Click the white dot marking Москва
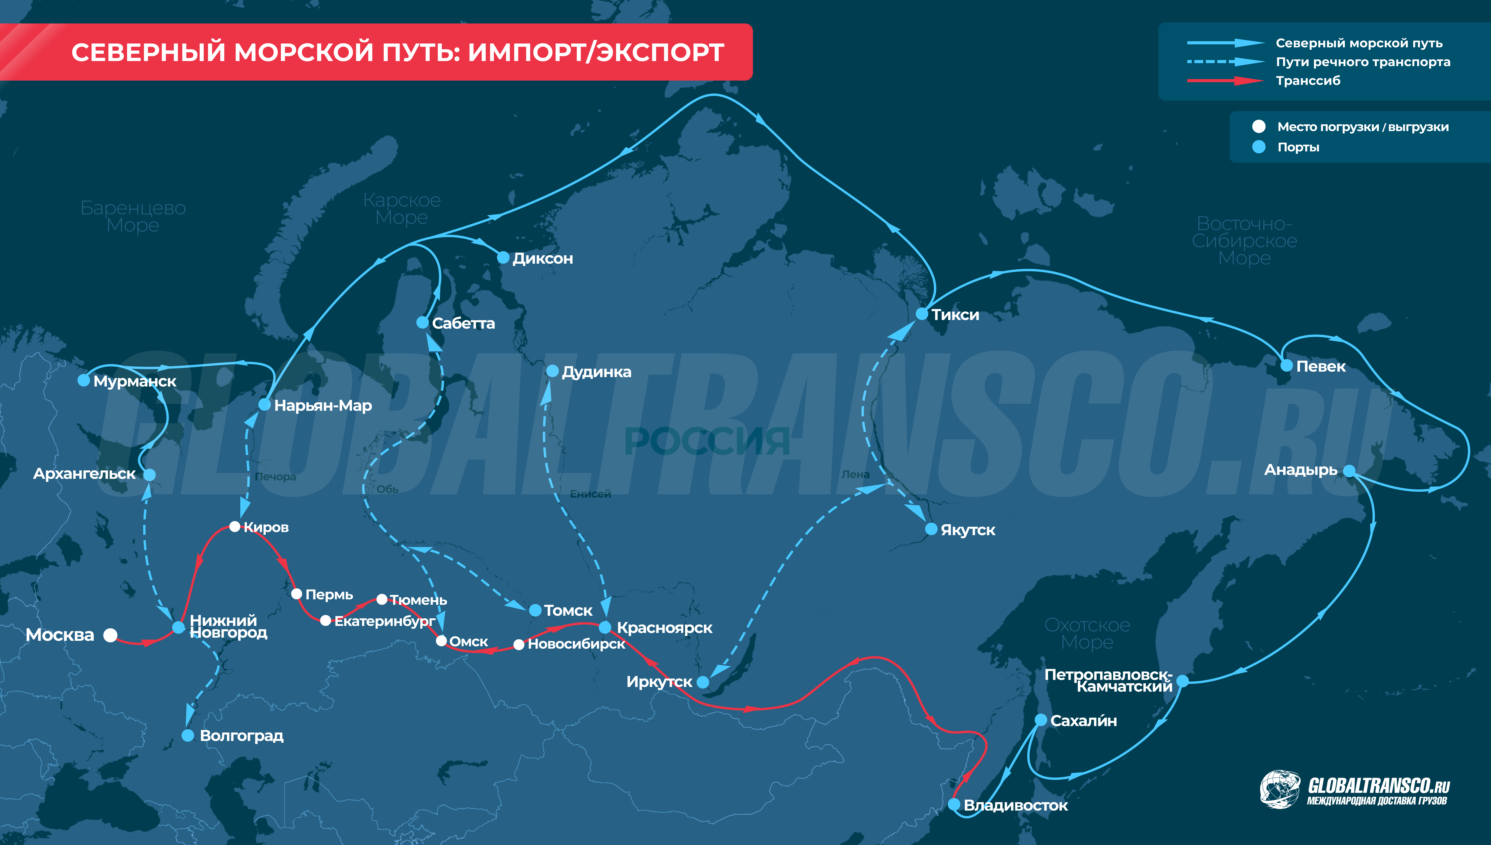(x=110, y=635)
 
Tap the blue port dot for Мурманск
(x=84, y=380)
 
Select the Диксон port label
(x=543, y=258)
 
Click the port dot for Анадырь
(x=1349, y=471)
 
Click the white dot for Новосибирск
(x=519, y=644)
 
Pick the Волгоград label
(x=241, y=736)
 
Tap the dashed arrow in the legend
(x=1225, y=62)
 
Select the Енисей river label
(x=590, y=494)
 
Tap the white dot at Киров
(x=234, y=526)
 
